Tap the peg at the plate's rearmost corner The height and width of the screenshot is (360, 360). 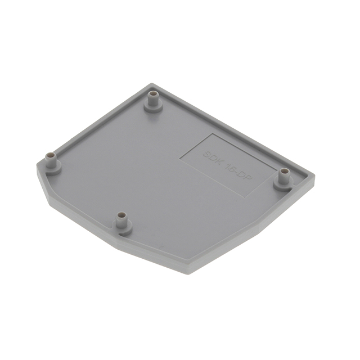(x=152, y=101)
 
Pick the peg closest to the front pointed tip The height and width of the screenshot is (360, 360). (x=122, y=222)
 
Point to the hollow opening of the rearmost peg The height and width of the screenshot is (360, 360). (x=152, y=95)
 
